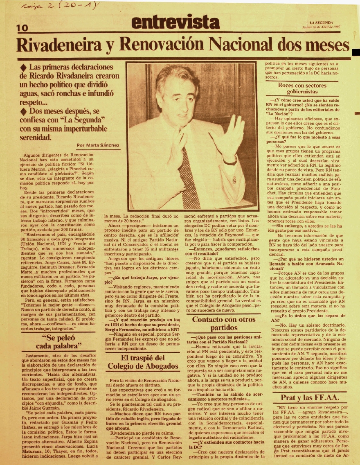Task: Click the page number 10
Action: pyautogui.click(x=21, y=28)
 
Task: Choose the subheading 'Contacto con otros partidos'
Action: pyautogui.click(x=221, y=323)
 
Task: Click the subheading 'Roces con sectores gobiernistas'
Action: pyautogui.click(x=302, y=88)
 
